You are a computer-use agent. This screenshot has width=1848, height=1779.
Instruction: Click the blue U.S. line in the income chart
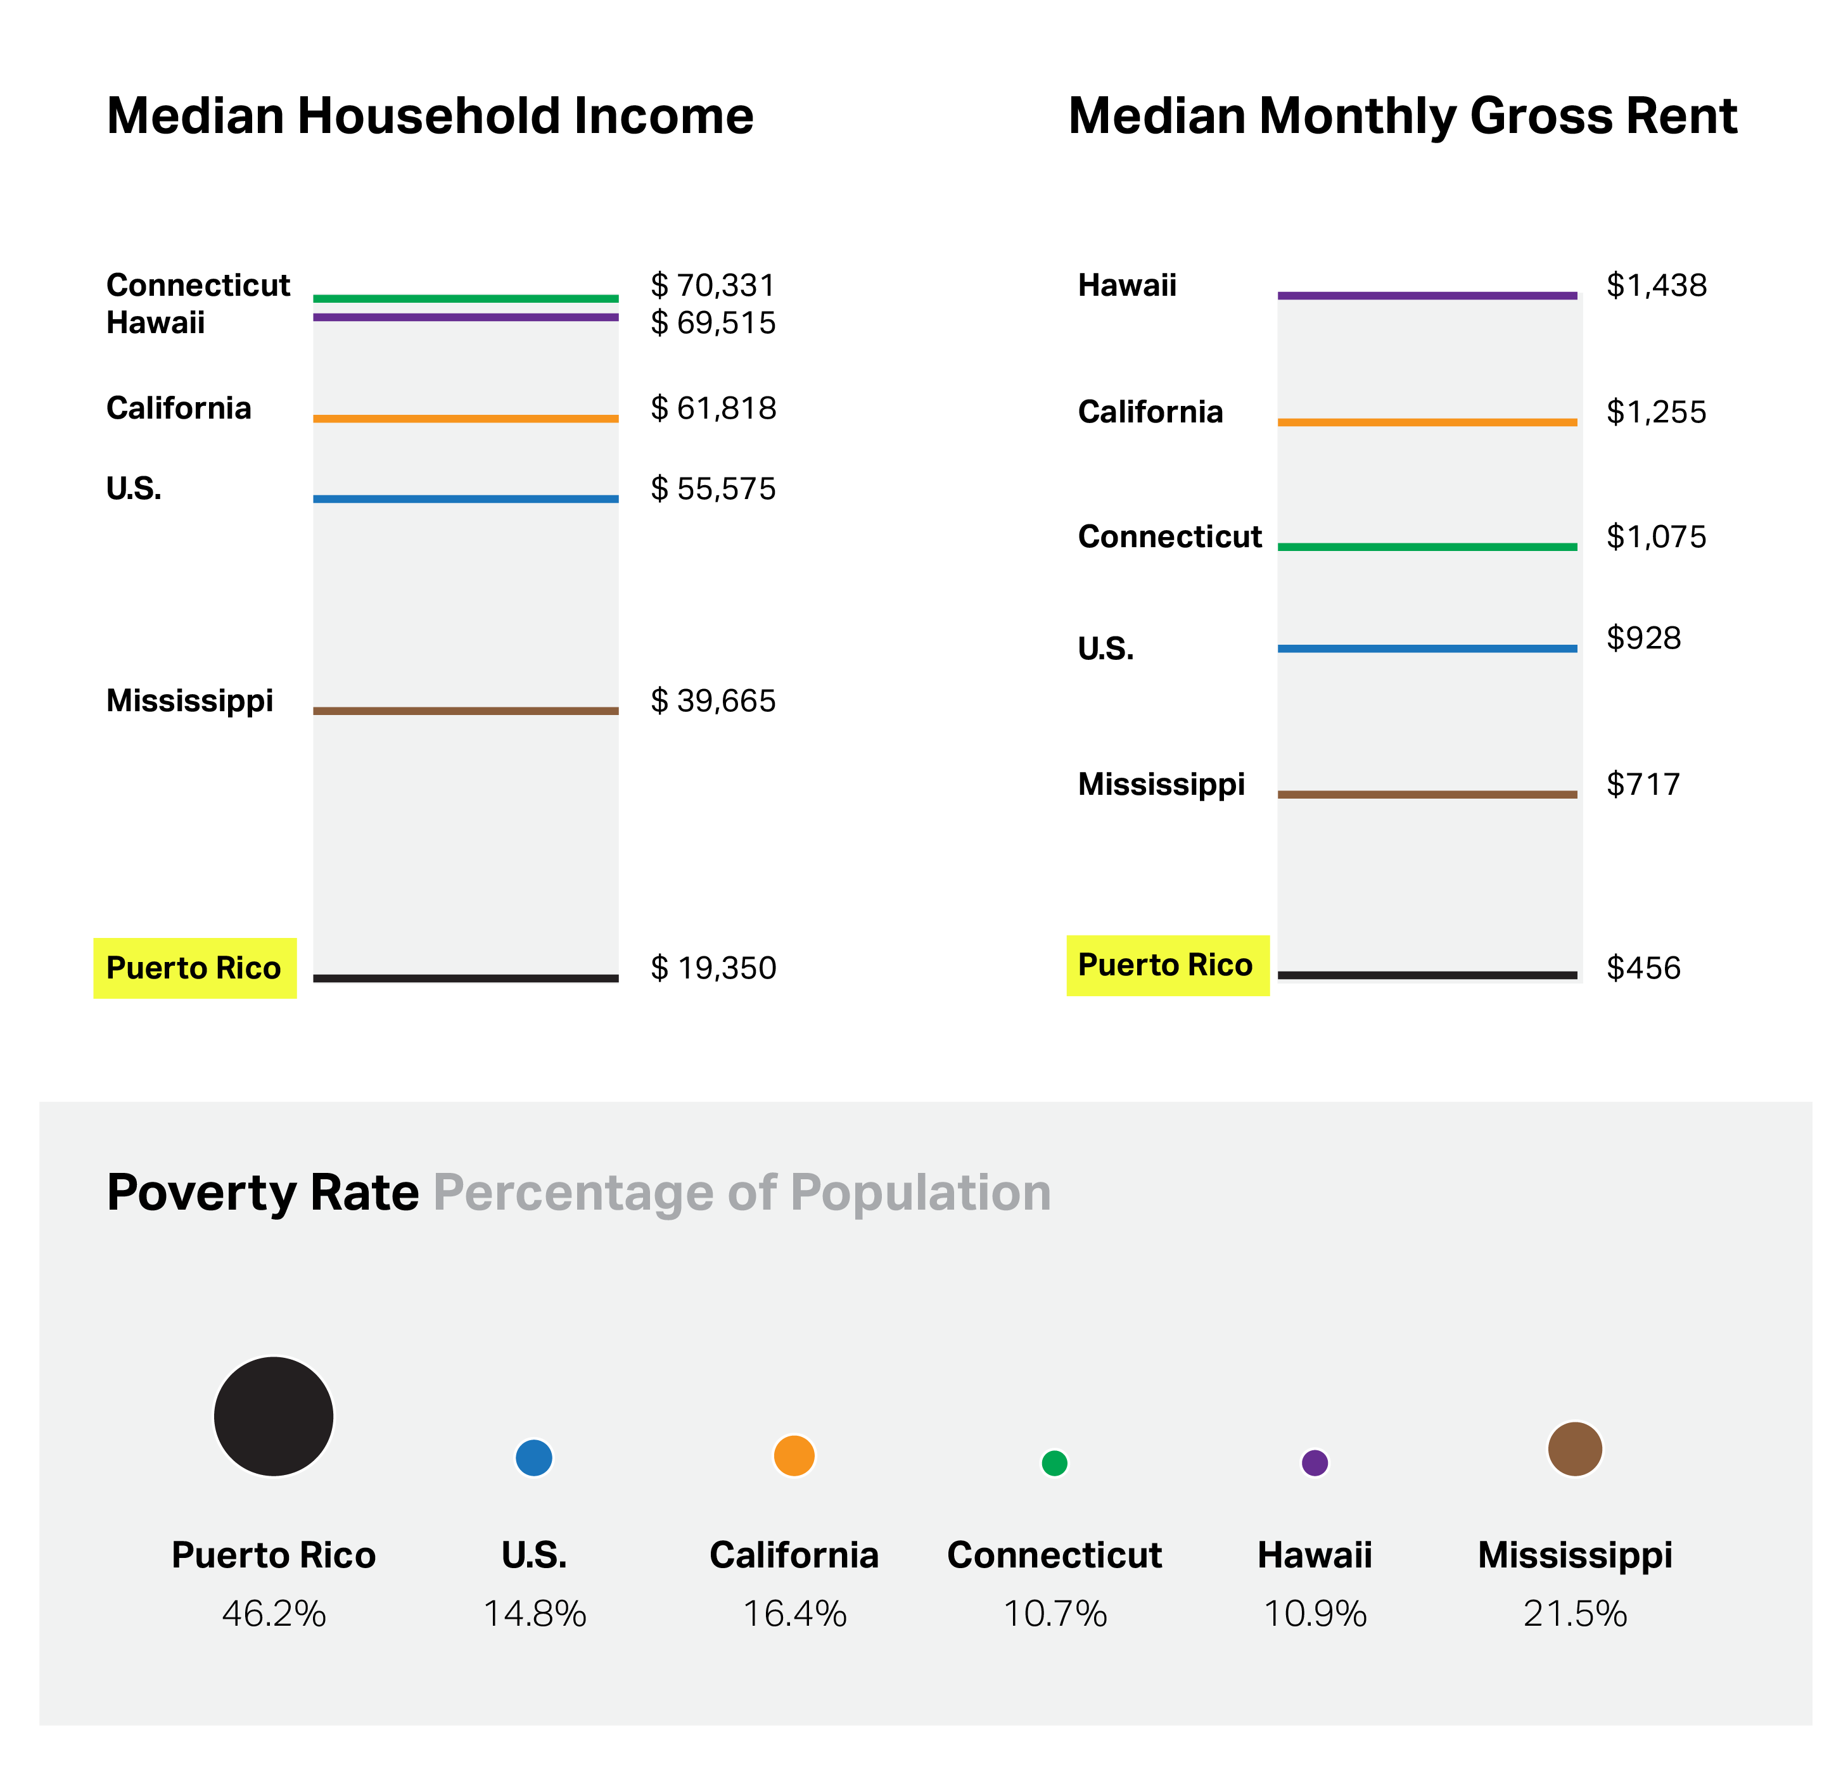[466, 498]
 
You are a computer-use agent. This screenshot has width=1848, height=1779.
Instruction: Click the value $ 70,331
[713, 285]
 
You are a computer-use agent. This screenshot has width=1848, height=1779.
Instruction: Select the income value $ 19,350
[713, 968]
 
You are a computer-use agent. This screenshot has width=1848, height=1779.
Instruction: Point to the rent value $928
[1643, 638]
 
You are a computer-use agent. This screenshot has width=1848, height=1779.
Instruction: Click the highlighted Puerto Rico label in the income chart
[194, 968]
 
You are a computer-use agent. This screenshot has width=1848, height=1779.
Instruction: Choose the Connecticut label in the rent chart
[1169, 536]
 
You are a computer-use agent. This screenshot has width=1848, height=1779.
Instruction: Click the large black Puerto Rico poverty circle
[274, 1416]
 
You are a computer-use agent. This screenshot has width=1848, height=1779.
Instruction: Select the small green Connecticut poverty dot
[1054, 1463]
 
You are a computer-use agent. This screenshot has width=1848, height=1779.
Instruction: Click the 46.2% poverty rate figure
[274, 1614]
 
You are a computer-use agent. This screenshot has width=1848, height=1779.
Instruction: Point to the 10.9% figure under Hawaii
[1315, 1614]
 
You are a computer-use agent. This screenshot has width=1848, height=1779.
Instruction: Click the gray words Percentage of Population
[741, 1193]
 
